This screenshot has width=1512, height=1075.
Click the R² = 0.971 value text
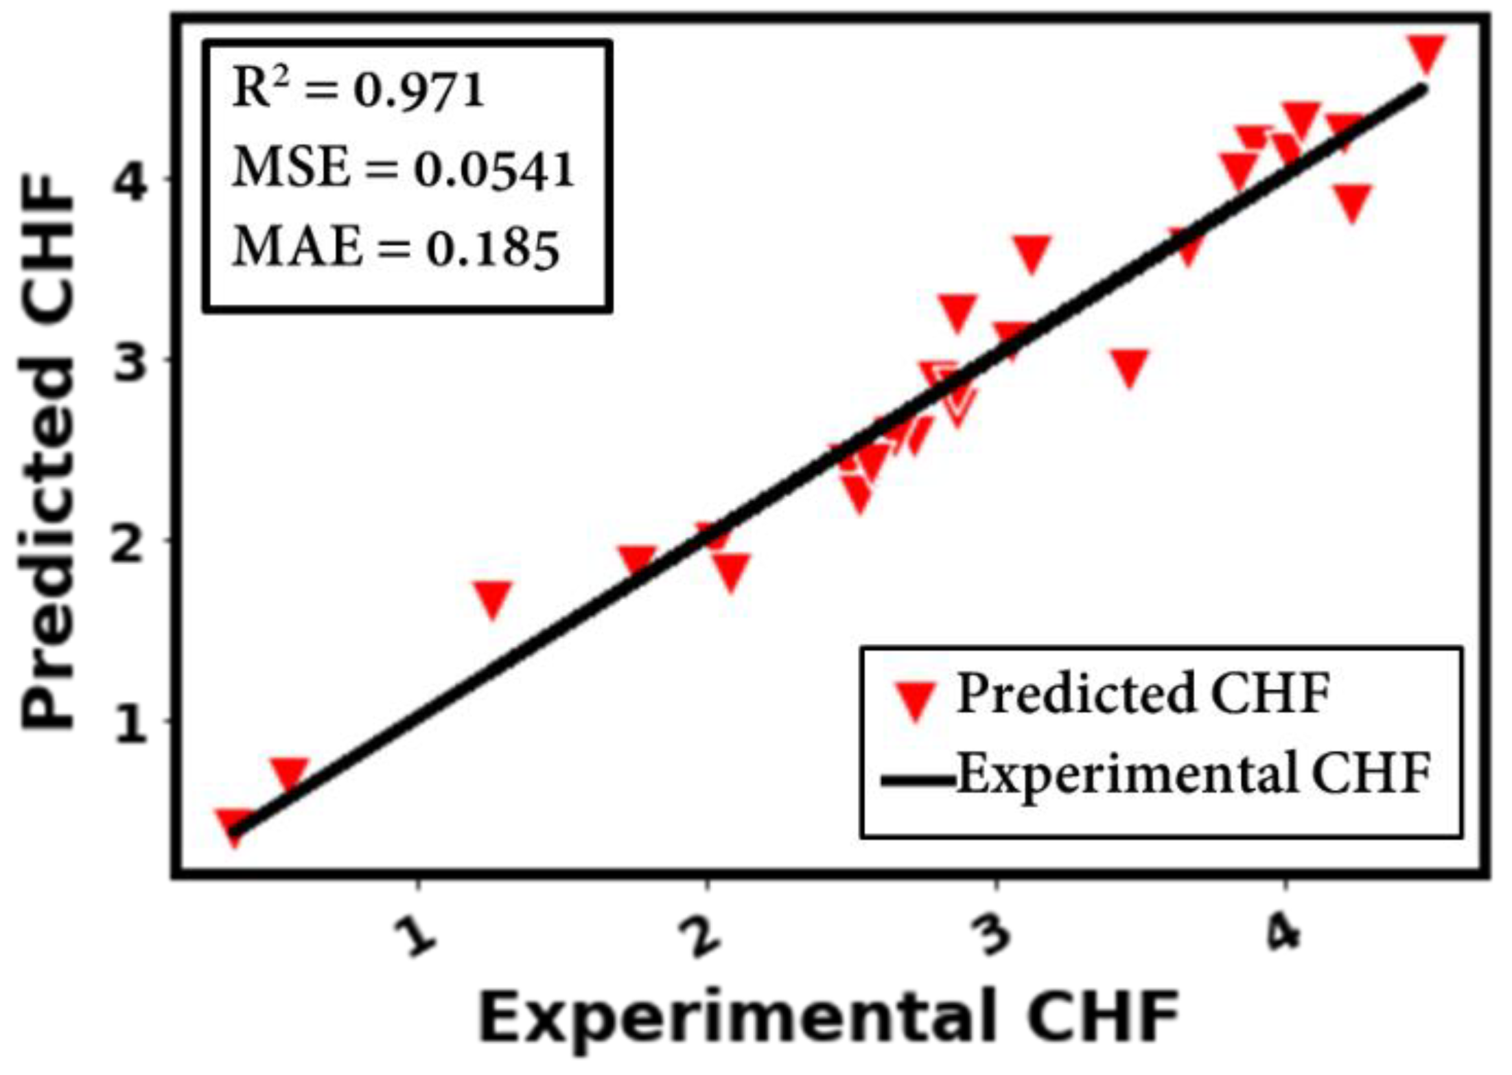(358, 90)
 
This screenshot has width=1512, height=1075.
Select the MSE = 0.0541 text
(404, 169)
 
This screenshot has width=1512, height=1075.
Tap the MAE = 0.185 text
(396, 248)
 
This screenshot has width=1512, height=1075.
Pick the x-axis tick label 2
(703, 936)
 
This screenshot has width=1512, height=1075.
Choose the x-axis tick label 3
(992, 936)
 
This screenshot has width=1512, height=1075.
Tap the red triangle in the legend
(916, 699)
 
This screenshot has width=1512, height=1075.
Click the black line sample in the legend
(918, 781)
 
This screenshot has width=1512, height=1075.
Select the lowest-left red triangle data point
(235, 827)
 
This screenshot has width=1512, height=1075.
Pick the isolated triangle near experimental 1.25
(493, 599)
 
